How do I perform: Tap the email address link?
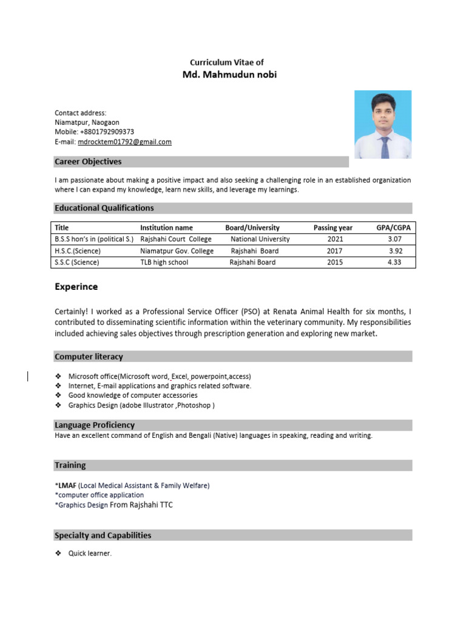(x=124, y=142)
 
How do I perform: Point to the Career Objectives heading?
(x=88, y=162)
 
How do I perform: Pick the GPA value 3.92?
(x=395, y=251)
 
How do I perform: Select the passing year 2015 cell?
(x=334, y=263)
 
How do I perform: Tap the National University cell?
(x=260, y=240)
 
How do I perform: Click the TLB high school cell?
(x=164, y=263)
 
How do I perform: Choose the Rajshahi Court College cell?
(x=176, y=240)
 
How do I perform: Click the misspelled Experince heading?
(x=76, y=287)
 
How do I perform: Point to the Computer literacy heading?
(x=89, y=357)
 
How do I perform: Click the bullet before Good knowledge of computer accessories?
(x=58, y=395)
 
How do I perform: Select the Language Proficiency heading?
(x=95, y=425)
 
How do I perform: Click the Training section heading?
(x=70, y=466)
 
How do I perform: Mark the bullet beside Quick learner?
(x=58, y=554)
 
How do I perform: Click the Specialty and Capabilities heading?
(x=103, y=535)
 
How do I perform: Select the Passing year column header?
(x=333, y=228)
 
